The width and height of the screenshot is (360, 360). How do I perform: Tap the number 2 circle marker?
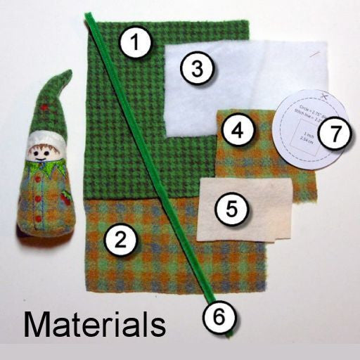119,240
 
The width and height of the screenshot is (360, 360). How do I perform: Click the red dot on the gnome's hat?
45,108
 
